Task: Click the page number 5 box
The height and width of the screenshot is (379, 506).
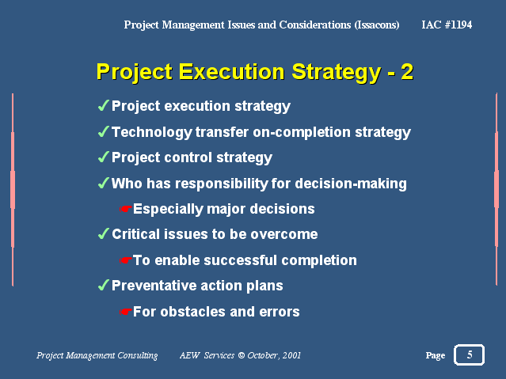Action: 469,354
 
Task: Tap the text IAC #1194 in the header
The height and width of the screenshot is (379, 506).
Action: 447,25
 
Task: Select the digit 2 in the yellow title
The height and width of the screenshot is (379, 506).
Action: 407,72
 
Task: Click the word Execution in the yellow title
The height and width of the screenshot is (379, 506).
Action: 231,72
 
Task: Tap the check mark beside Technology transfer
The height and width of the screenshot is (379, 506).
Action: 103,131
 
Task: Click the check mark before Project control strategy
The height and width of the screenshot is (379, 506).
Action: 103,157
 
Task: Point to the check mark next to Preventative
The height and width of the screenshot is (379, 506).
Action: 103,285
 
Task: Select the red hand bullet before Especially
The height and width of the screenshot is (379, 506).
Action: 126,209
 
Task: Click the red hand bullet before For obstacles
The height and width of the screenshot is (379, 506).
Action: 126,312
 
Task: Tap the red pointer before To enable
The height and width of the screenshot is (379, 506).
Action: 126,260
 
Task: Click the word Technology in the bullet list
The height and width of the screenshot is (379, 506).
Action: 152,133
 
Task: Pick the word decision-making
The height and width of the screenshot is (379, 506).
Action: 351,184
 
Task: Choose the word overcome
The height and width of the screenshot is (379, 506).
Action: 284,234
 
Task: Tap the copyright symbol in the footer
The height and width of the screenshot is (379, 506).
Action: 241,355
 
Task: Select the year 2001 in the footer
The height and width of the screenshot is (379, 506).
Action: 291,355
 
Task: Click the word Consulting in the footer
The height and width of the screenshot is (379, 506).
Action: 138,355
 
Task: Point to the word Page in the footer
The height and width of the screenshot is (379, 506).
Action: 436,355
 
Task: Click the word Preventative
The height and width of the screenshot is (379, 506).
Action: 154,286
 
